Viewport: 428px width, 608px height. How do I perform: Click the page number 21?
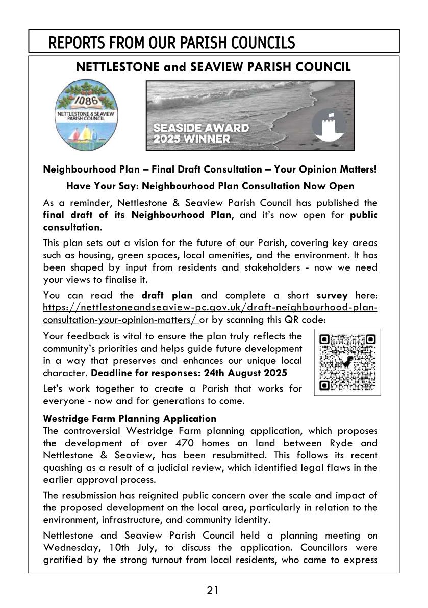(x=213, y=591)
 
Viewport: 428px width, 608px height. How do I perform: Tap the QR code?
(x=347, y=362)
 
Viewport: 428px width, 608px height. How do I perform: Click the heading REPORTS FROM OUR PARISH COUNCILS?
(x=171, y=43)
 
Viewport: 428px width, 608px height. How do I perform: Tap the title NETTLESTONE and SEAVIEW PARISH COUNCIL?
(x=213, y=67)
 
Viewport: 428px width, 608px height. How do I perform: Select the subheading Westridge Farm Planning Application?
(x=130, y=419)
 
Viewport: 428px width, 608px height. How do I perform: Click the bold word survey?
(x=332, y=295)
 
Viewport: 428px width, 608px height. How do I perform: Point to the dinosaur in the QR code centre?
(x=347, y=362)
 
